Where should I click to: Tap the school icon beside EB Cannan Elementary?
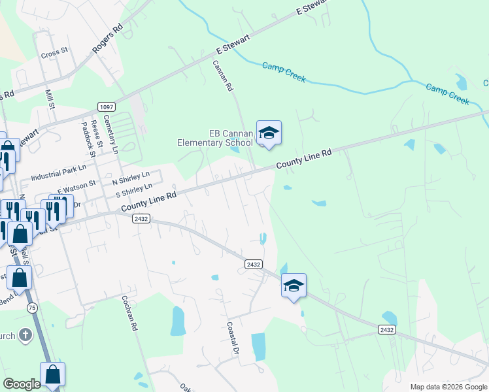pos(268,133)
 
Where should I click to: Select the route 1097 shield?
pos(105,106)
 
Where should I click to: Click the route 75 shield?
pos(31,307)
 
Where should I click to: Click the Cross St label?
pos(54,52)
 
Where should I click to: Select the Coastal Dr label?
pos(231,337)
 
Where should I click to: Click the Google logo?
pos(22,384)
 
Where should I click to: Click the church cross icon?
pos(25,336)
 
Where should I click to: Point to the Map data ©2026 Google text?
pos(448,387)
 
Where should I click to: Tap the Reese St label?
pos(95,132)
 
